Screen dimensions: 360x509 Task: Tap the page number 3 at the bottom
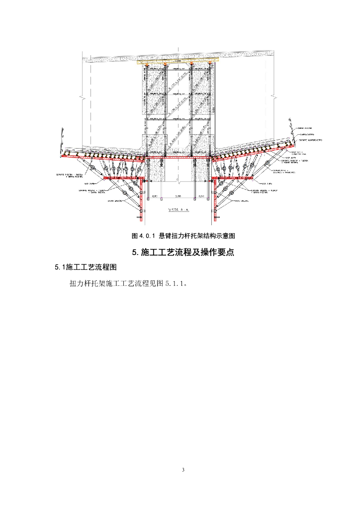(x=183, y=470)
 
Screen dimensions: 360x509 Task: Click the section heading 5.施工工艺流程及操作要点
(x=183, y=252)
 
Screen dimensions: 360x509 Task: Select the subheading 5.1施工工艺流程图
(x=85, y=267)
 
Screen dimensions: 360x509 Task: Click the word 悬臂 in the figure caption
(x=165, y=235)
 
